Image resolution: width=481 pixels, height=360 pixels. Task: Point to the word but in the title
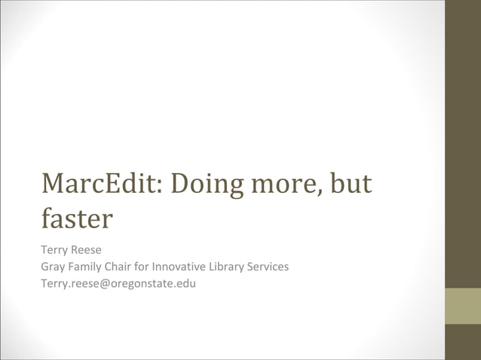click(352, 184)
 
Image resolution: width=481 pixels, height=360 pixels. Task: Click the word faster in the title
click(77, 219)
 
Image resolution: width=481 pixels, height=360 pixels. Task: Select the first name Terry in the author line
click(54, 249)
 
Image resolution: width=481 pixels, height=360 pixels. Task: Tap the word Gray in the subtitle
click(54, 266)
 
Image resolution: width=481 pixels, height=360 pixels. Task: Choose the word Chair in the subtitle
click(119, 266)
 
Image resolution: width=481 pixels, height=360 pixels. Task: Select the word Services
click(271, 266)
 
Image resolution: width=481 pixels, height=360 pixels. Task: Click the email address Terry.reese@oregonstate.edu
click(118, 283)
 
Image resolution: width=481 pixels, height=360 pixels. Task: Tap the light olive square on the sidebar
click(462, 306)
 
